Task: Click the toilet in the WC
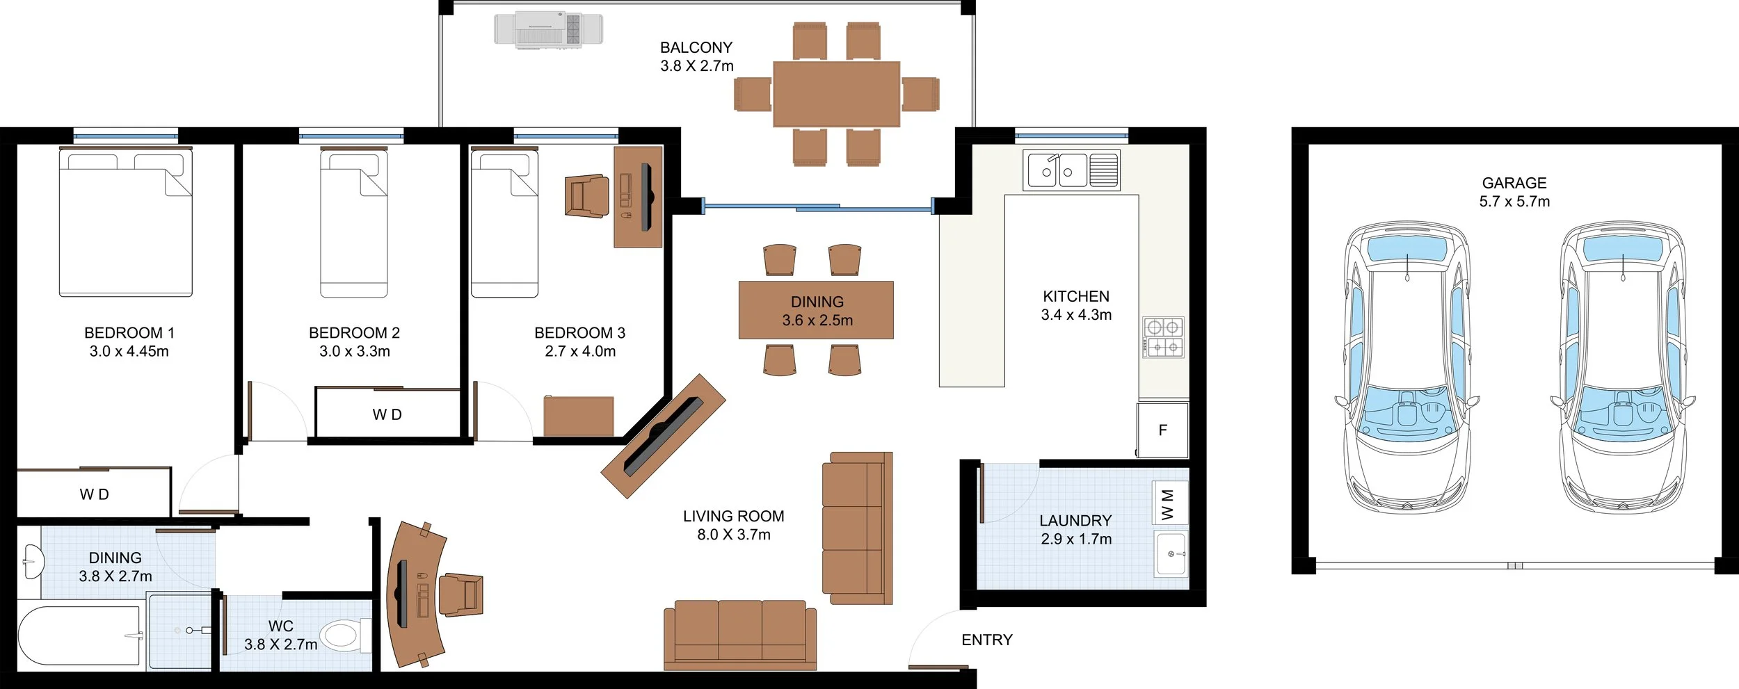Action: click(x=346, y=634)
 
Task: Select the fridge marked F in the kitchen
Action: click(x=1162, y=430)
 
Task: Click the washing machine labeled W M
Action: click(x=1169, y=503)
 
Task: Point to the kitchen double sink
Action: click(x=1071, y=170)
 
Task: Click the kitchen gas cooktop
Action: click(x=1163, y=337)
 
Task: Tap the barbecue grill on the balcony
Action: click(x=548, y=30)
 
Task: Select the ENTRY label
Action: click(x=986, y=640)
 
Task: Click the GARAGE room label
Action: click(x=1514, y=183)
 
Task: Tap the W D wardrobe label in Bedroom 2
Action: click(x=387, y=414)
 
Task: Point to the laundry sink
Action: click(x=1171, y=554)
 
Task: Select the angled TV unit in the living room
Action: click(x=664, y=436)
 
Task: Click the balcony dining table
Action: click(x=836, y=94)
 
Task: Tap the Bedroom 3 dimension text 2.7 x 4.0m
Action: click(x=580, y=351)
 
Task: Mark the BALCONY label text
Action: click(x=696, y=47)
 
